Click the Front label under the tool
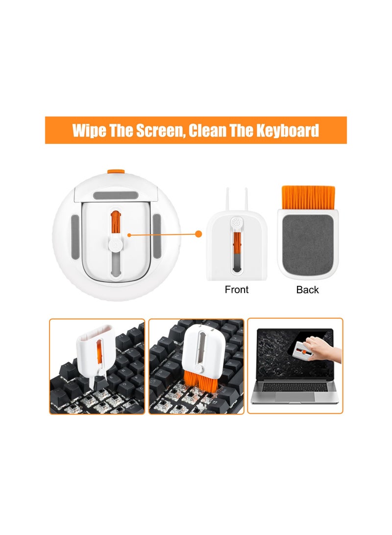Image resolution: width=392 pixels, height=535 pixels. pyautogui.click(x=237, y=290)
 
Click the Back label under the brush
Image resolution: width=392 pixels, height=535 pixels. pyautogui.click(x=307, y=290)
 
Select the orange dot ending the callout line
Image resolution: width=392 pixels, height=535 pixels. pyautogui.click(x=198, y=234)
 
